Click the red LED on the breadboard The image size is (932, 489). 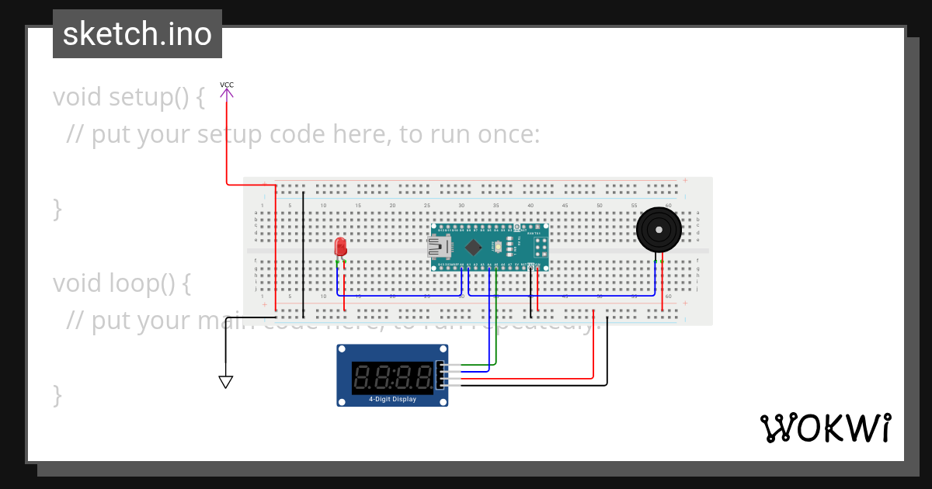click(340, 248)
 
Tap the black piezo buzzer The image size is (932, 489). click(659, 230)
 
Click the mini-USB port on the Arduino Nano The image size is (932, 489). click(439, 248)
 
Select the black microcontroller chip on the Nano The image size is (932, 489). click(473, 248)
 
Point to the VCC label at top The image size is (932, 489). click(227, 85)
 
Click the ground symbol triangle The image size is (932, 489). click(226, 382)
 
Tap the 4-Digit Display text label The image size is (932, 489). click(392, 400)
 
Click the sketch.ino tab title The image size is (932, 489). click(137, 34)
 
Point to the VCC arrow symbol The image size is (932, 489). click(226, 95)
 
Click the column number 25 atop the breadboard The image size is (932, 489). click(426, 205)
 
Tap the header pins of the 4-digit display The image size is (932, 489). click(443, 375)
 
